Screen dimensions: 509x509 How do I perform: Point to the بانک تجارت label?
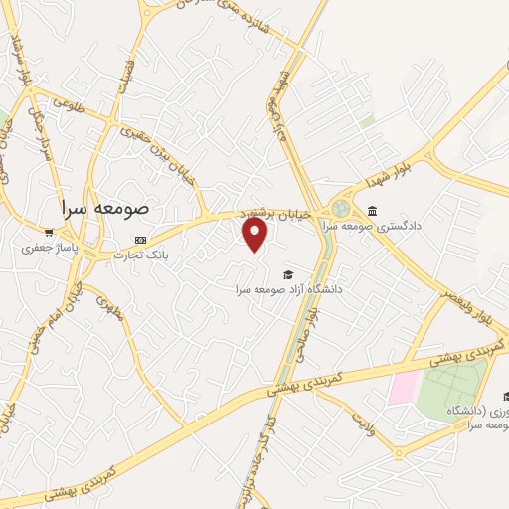click(x=140, y=254)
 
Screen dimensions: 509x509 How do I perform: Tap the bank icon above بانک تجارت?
click(x=140, y=240)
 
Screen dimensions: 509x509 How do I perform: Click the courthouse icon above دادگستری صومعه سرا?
click(x=372, y=210)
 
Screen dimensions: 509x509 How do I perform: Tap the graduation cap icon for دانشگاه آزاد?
click(x=288, y=275)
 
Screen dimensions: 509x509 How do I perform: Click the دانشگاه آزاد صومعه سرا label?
click(x=288, y=289)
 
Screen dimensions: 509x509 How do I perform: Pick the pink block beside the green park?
click(x=402, y=389)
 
